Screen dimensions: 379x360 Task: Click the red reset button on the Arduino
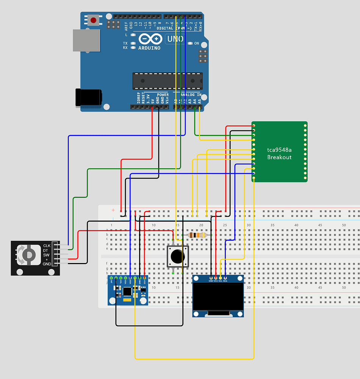pos(93,19)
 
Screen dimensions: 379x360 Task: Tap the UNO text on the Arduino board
pos(175,39)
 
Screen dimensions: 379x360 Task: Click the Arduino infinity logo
pos(150,39)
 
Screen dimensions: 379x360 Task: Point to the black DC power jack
pos(88,97)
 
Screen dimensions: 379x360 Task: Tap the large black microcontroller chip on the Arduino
pos(167,81)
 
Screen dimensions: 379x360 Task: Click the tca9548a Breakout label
pos(279,153)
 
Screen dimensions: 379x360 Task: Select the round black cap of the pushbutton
pos(177,257)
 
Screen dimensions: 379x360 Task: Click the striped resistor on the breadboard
pos(197,235)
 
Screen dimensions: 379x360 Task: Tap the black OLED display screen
pos(218,297)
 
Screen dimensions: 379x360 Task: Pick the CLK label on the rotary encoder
pos(47,246)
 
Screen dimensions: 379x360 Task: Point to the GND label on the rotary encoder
pos(47,264)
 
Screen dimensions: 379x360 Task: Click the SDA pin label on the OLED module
pos(225,281)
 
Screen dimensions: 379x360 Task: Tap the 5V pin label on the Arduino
pos(152,101)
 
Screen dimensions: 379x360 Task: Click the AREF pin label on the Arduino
pos(126,26)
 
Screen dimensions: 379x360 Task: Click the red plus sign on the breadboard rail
pos(113,210)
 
